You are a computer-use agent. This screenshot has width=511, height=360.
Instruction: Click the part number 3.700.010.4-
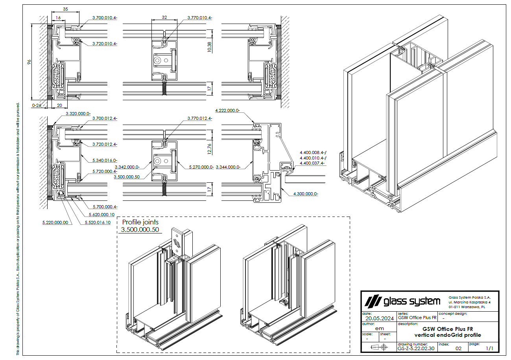click(x=105, y=18)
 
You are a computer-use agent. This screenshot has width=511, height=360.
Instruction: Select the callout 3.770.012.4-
click(x=200, y=118)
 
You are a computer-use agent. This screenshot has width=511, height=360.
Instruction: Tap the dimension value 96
click(x=29, y=63)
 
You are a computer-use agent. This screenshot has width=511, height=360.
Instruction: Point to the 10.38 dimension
click(x=209, y=47)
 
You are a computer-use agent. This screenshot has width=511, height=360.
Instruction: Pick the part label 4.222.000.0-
click(x=227, y=111)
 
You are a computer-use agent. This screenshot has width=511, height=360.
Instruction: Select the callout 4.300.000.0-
click(x=306, y=194)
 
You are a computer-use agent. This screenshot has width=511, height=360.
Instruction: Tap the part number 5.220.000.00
click(x=55, y=222)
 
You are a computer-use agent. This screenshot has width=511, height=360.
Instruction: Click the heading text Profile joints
click(x=140, y=222)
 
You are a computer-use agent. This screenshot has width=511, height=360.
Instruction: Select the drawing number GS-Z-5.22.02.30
click(x=416, y=348)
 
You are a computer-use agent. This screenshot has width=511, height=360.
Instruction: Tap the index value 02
click(x=458, y=348)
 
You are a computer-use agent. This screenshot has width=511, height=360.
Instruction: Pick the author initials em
click(x=379, y=328)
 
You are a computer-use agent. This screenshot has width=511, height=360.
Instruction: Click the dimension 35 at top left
click(x=65, y=9)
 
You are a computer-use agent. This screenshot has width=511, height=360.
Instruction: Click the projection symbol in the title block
click(x=379, y=347)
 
